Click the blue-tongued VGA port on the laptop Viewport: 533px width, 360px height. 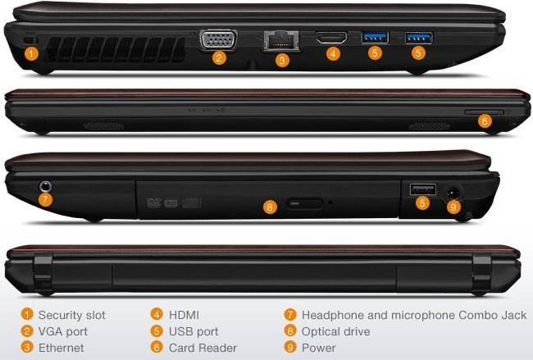click(218, 40)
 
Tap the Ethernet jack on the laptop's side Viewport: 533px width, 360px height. click(281, 41)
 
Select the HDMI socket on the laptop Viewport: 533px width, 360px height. click(331, 38)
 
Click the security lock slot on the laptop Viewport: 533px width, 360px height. click(31, 40)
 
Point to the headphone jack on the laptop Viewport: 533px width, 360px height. click(46, 186)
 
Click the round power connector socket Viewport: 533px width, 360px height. click(453, 193)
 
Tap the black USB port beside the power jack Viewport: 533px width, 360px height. click(423, 189)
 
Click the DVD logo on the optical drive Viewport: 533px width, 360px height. click(153, 203)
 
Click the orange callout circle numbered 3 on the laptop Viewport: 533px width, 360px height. click(282, 61)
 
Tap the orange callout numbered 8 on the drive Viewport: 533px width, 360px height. click(270, 207)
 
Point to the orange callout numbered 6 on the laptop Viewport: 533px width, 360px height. click(485, 121)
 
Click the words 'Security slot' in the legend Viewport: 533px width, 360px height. click(71, 315)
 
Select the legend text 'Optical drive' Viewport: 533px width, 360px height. click(336, 331)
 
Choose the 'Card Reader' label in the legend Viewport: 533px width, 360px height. click(203, 348)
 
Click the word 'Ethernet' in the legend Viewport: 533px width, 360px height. click(61, 348)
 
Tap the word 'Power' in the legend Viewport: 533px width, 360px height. click(318, 348)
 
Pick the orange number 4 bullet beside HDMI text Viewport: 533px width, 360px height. click(157, 314)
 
